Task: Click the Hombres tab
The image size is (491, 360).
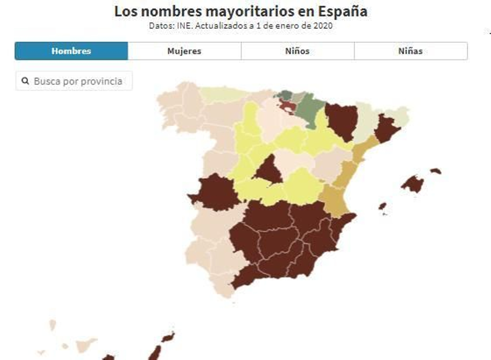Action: point(71,51)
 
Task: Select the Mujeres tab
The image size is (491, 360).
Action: point(184,51)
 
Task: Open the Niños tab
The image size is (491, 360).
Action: point(297,51)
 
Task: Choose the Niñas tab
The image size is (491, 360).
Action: point(411,51)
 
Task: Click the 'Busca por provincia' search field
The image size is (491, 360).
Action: point(78,81)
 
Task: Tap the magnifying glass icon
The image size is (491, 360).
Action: point(25,81)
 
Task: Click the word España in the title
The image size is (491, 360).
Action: point(342,12)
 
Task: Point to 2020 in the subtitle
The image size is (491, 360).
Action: point(323,26)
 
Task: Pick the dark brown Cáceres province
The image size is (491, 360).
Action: point(216,193)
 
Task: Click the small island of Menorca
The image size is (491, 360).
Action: point(436,171)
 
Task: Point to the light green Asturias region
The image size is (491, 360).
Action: point(222,94)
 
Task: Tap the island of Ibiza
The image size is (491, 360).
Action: point(382,206)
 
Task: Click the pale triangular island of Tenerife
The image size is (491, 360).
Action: point(84,345)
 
